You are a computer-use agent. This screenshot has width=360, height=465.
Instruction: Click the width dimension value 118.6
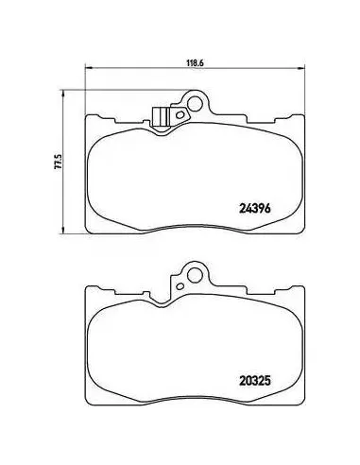[196, 62]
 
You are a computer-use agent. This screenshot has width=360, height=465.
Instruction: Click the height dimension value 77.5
[58, 162]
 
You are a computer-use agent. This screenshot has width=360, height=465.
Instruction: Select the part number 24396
[255, 208]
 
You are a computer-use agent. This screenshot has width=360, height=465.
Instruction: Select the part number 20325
[255, 381]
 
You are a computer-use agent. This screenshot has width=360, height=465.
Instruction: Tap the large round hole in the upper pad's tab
[195, 103]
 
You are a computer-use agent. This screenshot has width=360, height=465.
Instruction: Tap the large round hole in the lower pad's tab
[195, 274]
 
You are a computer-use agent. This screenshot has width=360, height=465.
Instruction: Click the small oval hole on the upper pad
[180, 114]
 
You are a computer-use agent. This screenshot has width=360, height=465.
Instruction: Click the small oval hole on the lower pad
[180, 286]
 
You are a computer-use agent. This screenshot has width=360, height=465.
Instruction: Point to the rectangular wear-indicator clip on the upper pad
[160, 117]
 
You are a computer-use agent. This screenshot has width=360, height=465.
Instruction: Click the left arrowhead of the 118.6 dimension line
[89, 67]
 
